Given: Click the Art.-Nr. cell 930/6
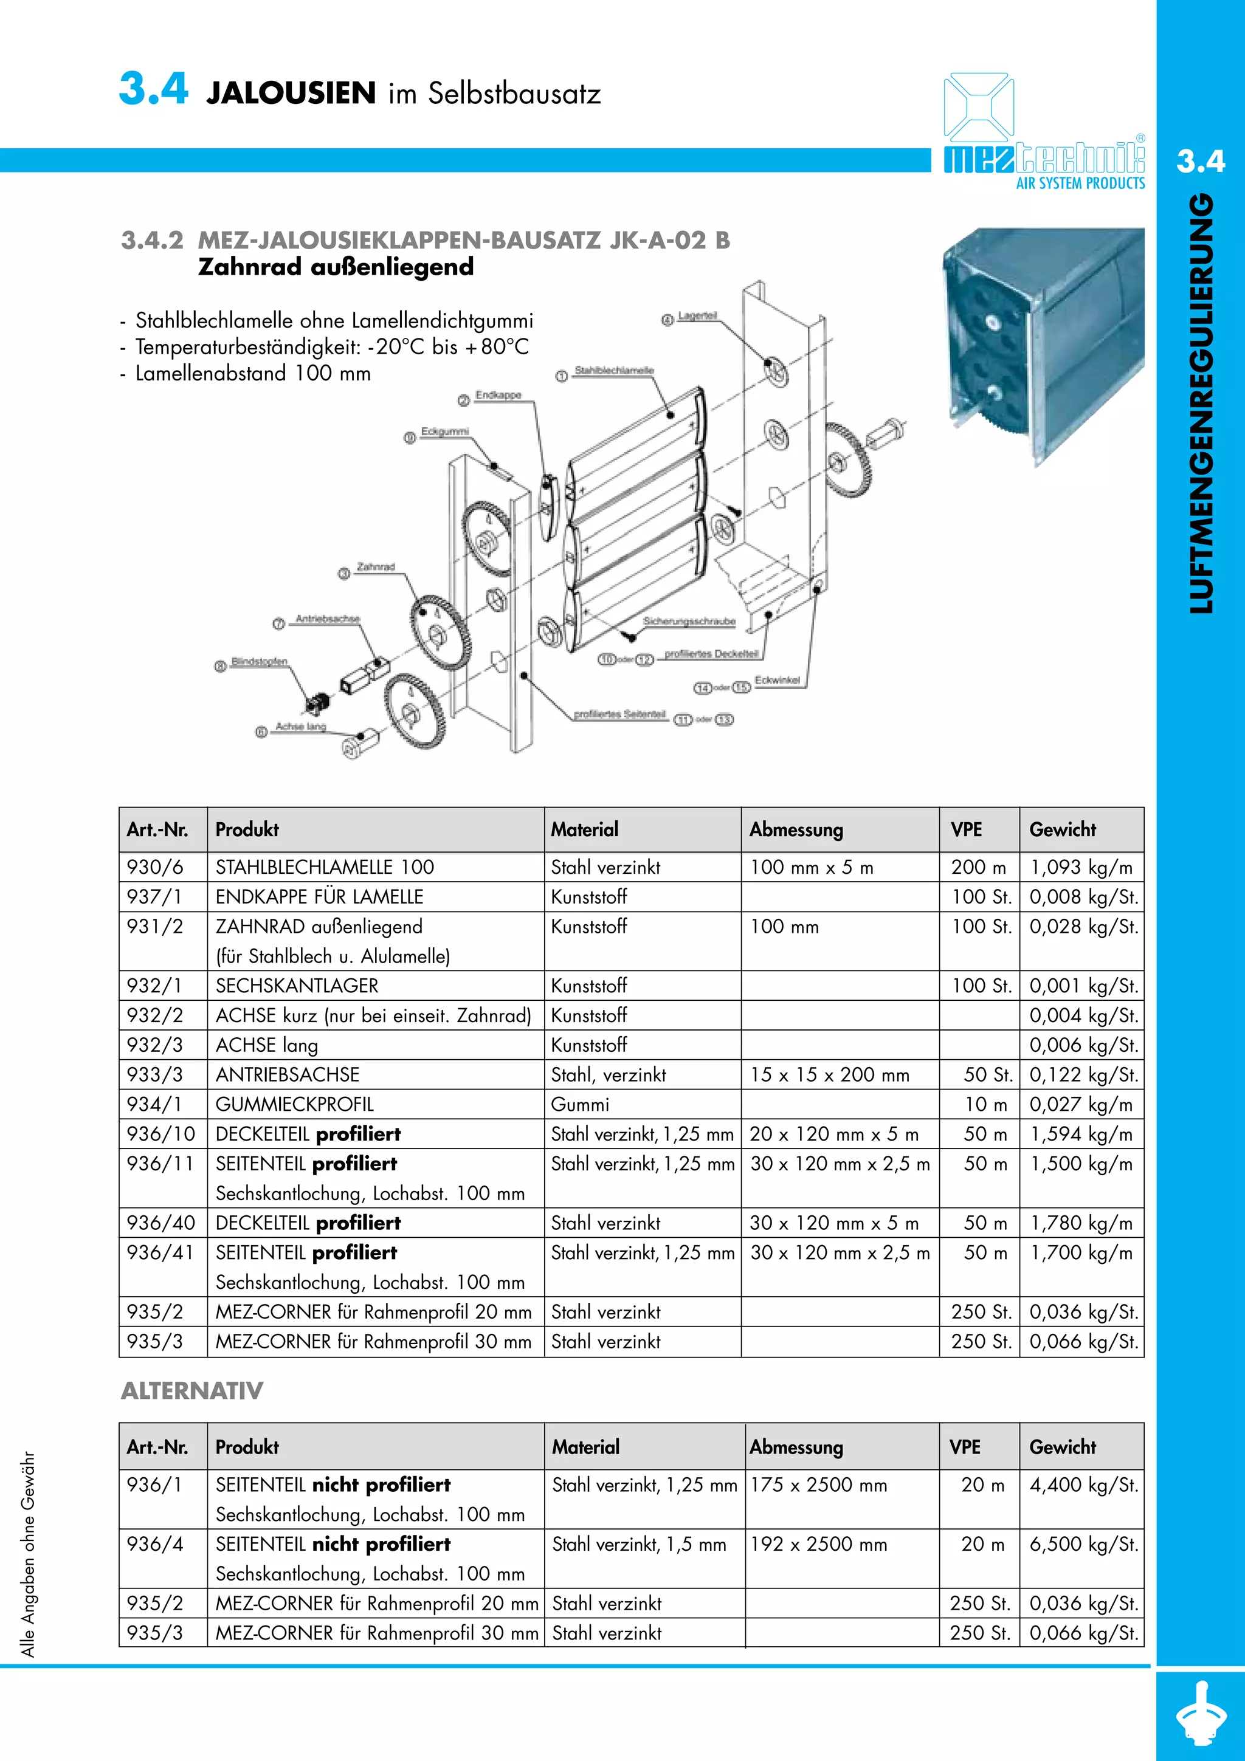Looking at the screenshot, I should (x=156, y=868).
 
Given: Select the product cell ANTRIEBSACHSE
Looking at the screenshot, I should (x=288, y=1074).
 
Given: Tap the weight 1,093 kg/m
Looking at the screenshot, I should (x=1081, y=868).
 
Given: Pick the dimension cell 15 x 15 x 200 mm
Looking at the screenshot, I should (x=830, y=1074).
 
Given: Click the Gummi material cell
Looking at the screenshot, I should (x=580, y=1105).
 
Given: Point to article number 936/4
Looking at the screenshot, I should (x=156, y=1544).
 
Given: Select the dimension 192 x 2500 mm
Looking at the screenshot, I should (x=818, y=1544).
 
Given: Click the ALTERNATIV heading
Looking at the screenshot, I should (x=191, y=1390).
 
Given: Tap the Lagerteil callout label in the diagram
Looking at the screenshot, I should (x=697, y=316).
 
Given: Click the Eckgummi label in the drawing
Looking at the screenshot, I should (x=445, y=432).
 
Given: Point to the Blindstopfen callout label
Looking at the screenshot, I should (x=260, y=661).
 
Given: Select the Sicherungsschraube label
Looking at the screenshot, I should (x=689, y=620).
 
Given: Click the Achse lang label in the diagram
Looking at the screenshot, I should (x=301, y=726).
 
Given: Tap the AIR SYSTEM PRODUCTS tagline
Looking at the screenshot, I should (x=1080, y=184).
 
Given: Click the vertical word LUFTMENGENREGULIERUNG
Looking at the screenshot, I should (x=1201, y=403).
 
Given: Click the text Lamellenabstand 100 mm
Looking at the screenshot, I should (x=253, y=374).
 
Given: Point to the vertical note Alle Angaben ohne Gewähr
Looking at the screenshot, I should (x=29, y=1554).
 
